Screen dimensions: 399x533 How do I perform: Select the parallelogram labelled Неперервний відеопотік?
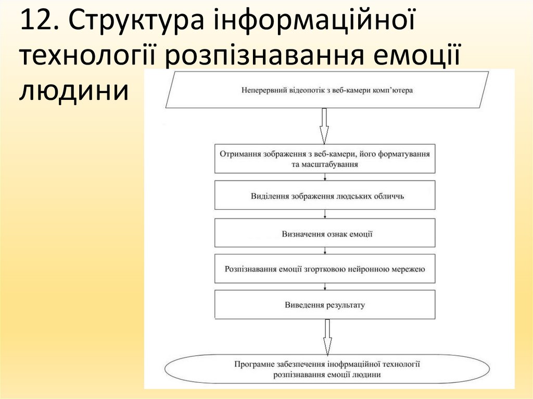pyautogui.click(x=327, y=90)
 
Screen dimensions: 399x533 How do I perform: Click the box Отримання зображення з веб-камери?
pyautogui.click(x=325, y=159)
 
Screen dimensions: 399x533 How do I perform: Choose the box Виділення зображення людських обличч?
pyautogui.click(x=325, y=196)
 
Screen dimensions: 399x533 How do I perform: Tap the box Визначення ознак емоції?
pyautogui.click(x=325, y=233)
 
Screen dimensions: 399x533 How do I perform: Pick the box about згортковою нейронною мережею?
pyautogui.click(x=325, y=269)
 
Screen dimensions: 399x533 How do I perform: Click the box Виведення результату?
pyautogui.click(x=325, y=305)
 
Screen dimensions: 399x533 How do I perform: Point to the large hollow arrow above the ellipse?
pyautogui.click(x=327, y=337)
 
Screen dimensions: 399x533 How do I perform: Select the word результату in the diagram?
pyautogui.click(x=346, y=305)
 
